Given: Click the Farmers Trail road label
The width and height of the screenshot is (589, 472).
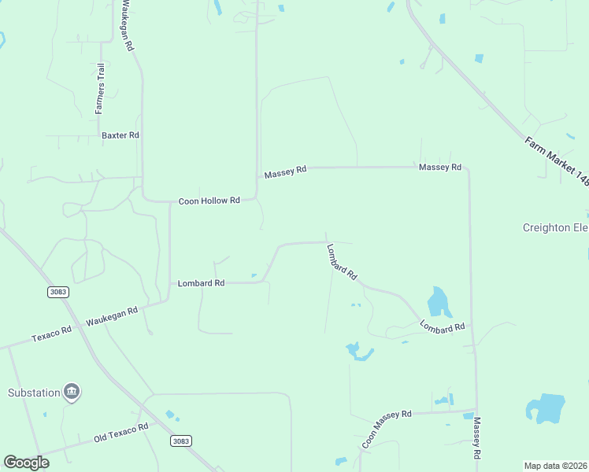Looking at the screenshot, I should click(x=100, y=88).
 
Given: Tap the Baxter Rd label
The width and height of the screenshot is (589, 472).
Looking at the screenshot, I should click(x=120, y=135).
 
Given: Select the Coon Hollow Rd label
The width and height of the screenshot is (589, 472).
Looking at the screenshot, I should click(x=209, y=201).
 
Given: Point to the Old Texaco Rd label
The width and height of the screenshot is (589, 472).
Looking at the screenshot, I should click(x=120, y=432).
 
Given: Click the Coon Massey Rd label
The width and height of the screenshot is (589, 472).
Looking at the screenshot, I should click(x=387, y=429).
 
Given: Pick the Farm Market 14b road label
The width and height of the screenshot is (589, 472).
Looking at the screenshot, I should click(x=556, y=160).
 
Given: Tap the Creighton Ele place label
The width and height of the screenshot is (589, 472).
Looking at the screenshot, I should click(x=555, y=228).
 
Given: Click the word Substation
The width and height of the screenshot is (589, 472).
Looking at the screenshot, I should click(x=34, y=393).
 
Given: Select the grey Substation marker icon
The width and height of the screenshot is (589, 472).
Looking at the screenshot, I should click(x=72, y=392).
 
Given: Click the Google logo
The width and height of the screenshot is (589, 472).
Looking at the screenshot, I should click(x=27, y=462).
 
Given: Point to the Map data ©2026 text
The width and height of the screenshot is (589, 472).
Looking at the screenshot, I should click(x=555, y=466).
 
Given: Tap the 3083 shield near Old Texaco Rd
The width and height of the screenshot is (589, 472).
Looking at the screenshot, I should click(x=181, y=441).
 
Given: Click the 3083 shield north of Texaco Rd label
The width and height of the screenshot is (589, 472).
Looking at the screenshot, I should click(x=57, y=292).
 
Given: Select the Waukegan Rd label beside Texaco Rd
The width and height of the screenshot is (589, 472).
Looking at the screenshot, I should click(x=112, y=316).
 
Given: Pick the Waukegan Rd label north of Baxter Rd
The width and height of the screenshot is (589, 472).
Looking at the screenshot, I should click(x=127, y=26).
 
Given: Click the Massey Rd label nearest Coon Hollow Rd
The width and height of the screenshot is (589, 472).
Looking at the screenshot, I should click(x=285, y=172).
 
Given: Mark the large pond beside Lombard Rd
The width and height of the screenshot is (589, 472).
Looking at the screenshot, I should click(x=437, y=301).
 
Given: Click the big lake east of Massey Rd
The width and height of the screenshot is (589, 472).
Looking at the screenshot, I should click(x=546, y=408).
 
